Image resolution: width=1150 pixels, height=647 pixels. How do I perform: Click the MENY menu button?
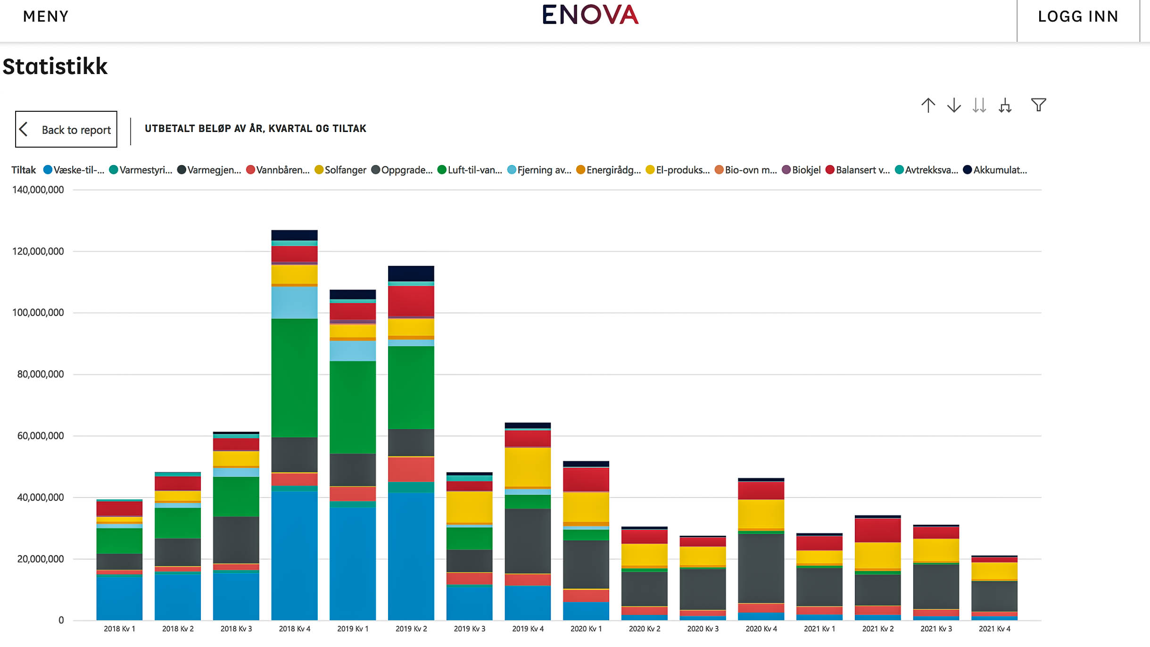(x=46, y=17)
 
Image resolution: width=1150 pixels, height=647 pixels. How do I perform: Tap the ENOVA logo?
(x=590, y=15)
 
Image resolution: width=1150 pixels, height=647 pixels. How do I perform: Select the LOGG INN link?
(x=1078, y=17)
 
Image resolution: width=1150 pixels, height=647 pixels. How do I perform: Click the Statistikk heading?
(x=55, y=66)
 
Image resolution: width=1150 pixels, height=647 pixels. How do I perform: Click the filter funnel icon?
(x=1038, y=105)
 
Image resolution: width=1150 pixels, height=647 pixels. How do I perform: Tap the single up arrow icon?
(x=928, y=105)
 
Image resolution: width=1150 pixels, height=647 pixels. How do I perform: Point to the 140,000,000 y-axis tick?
(x=38, y=190)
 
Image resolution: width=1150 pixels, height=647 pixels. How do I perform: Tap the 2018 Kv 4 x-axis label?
(x=294, y=629)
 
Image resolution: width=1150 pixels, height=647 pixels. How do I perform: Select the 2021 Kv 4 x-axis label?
(x=994, y=629)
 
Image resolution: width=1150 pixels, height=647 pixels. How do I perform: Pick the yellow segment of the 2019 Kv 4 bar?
(x=528, y=467)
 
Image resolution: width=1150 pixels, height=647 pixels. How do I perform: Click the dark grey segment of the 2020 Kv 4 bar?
(x=761, y=568)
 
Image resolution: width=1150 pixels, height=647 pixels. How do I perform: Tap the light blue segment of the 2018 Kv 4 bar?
(x=294, y=302)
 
